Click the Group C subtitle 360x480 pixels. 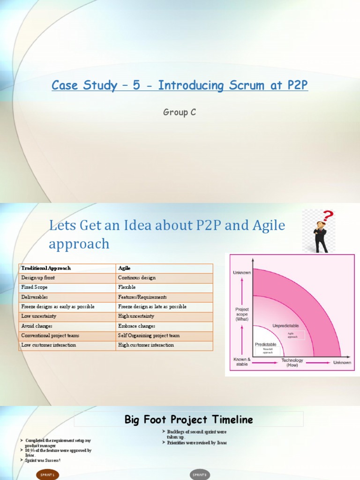coord(180,112)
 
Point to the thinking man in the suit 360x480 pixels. coord(321,237)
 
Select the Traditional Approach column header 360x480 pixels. coord(46,268)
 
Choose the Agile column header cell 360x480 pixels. coord(124,268)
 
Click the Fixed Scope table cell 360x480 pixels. coord(34,287)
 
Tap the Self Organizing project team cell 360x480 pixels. coord(149,336)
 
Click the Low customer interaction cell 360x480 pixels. coord(48,345)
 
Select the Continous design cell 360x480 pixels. coord(137,277)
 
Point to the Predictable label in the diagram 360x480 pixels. coord(265,344)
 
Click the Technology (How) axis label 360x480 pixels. coord(292,363)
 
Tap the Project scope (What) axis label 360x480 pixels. coord(242,314)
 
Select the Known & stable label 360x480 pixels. coord(242,361)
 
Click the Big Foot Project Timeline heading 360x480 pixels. coord(188,420)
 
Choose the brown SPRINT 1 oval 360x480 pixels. coord(47,475)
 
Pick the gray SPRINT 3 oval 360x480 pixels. coord(199,475)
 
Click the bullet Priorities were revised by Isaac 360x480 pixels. coord(197,442)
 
